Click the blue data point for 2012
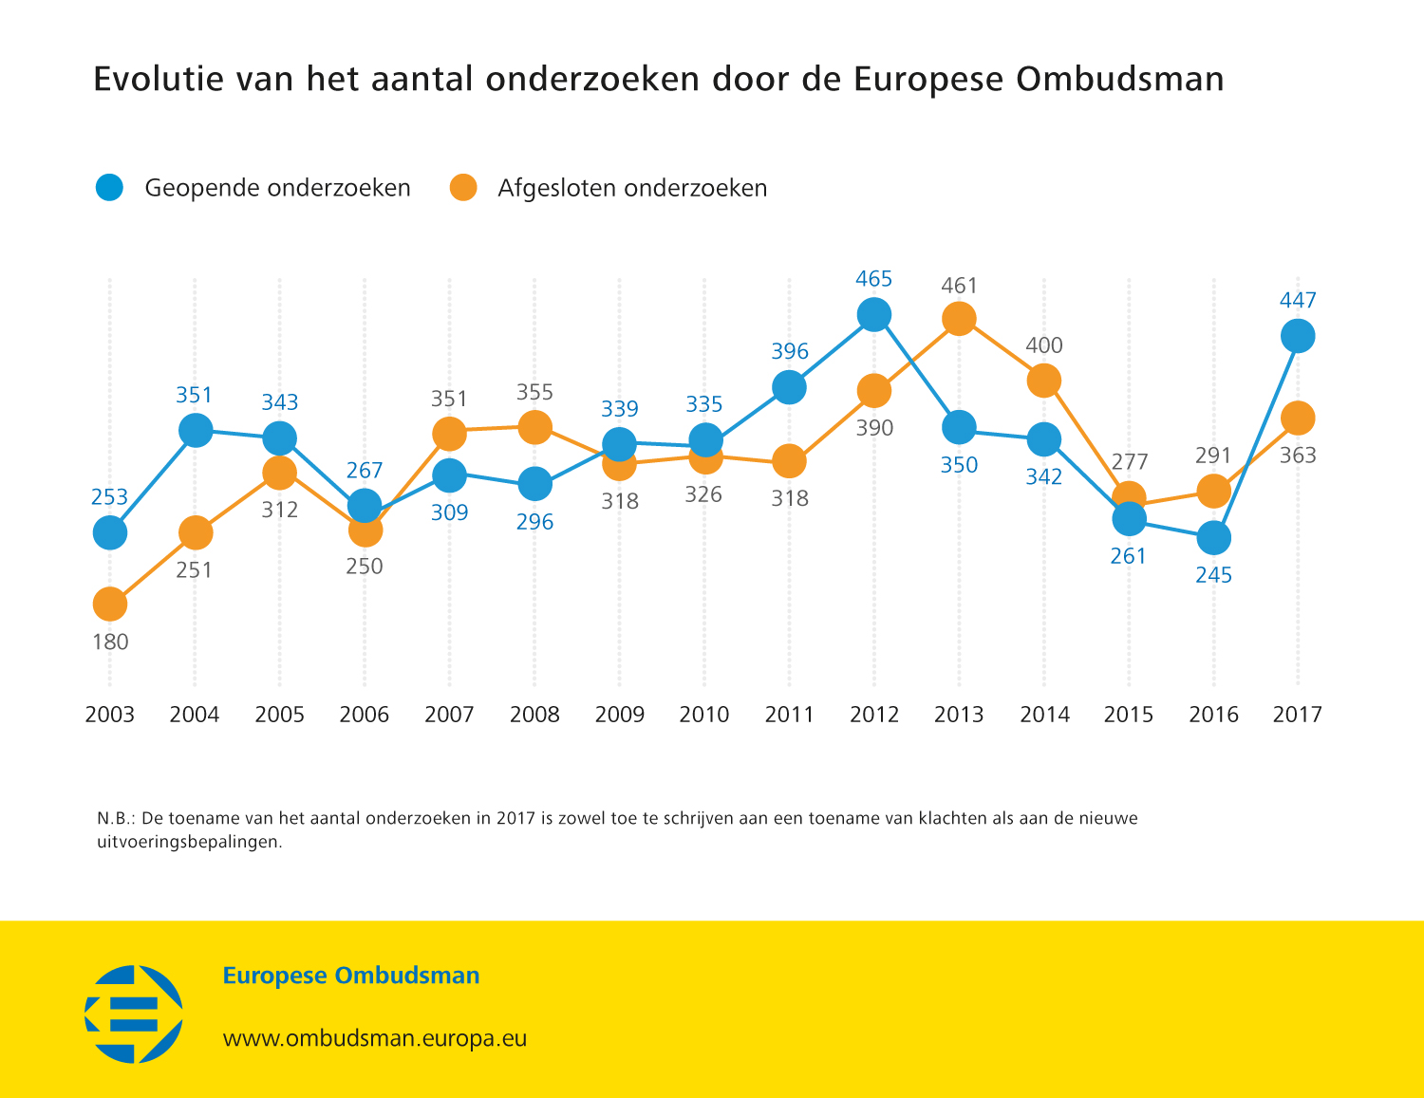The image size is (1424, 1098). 873,314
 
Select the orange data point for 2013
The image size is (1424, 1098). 959,319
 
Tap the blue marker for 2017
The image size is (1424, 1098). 1298,336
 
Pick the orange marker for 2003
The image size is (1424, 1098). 110,604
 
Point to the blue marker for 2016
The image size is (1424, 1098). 1213,538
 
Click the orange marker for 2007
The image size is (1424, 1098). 449,434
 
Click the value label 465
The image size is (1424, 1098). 873,279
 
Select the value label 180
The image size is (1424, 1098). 110,642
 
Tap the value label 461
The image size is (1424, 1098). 959,286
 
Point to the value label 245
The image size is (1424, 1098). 1213,575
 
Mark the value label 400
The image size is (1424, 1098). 1044,345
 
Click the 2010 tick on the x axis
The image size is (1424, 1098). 704,715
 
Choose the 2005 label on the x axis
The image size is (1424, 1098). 279,715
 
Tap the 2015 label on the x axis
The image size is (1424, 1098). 1129,715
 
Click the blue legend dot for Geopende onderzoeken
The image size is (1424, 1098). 110,188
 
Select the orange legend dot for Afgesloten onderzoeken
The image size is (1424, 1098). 463,188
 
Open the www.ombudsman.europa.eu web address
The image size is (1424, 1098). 374,1038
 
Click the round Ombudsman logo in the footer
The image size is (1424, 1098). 134,1014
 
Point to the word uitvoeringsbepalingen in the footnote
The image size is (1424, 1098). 189,842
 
